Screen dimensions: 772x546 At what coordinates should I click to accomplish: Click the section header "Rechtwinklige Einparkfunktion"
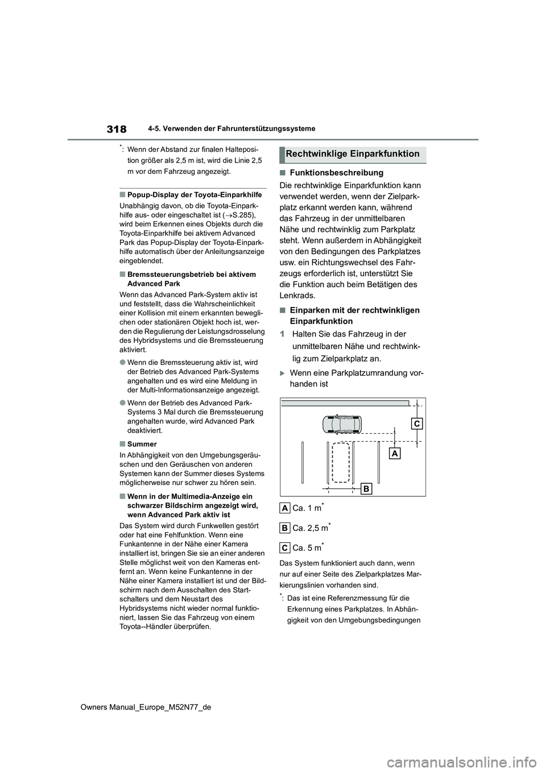[x=352, y=154]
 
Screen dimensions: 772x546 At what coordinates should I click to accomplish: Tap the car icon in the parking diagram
[x=341, y=424]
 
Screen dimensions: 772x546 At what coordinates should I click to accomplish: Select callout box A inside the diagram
[x=395, y=453]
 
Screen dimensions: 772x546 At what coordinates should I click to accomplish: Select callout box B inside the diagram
[x=366, y=488]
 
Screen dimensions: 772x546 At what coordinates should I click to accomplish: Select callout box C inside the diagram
[x=417, y=424]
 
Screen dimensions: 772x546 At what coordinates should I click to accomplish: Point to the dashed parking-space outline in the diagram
[x=341, y=462]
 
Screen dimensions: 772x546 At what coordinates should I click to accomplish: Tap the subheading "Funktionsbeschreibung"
[x=336, y=173]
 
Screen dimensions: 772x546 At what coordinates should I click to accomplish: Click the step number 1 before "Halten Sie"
[x=282, y=334]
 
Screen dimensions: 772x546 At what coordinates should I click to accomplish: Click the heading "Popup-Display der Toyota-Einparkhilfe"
[x=195, y=194]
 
